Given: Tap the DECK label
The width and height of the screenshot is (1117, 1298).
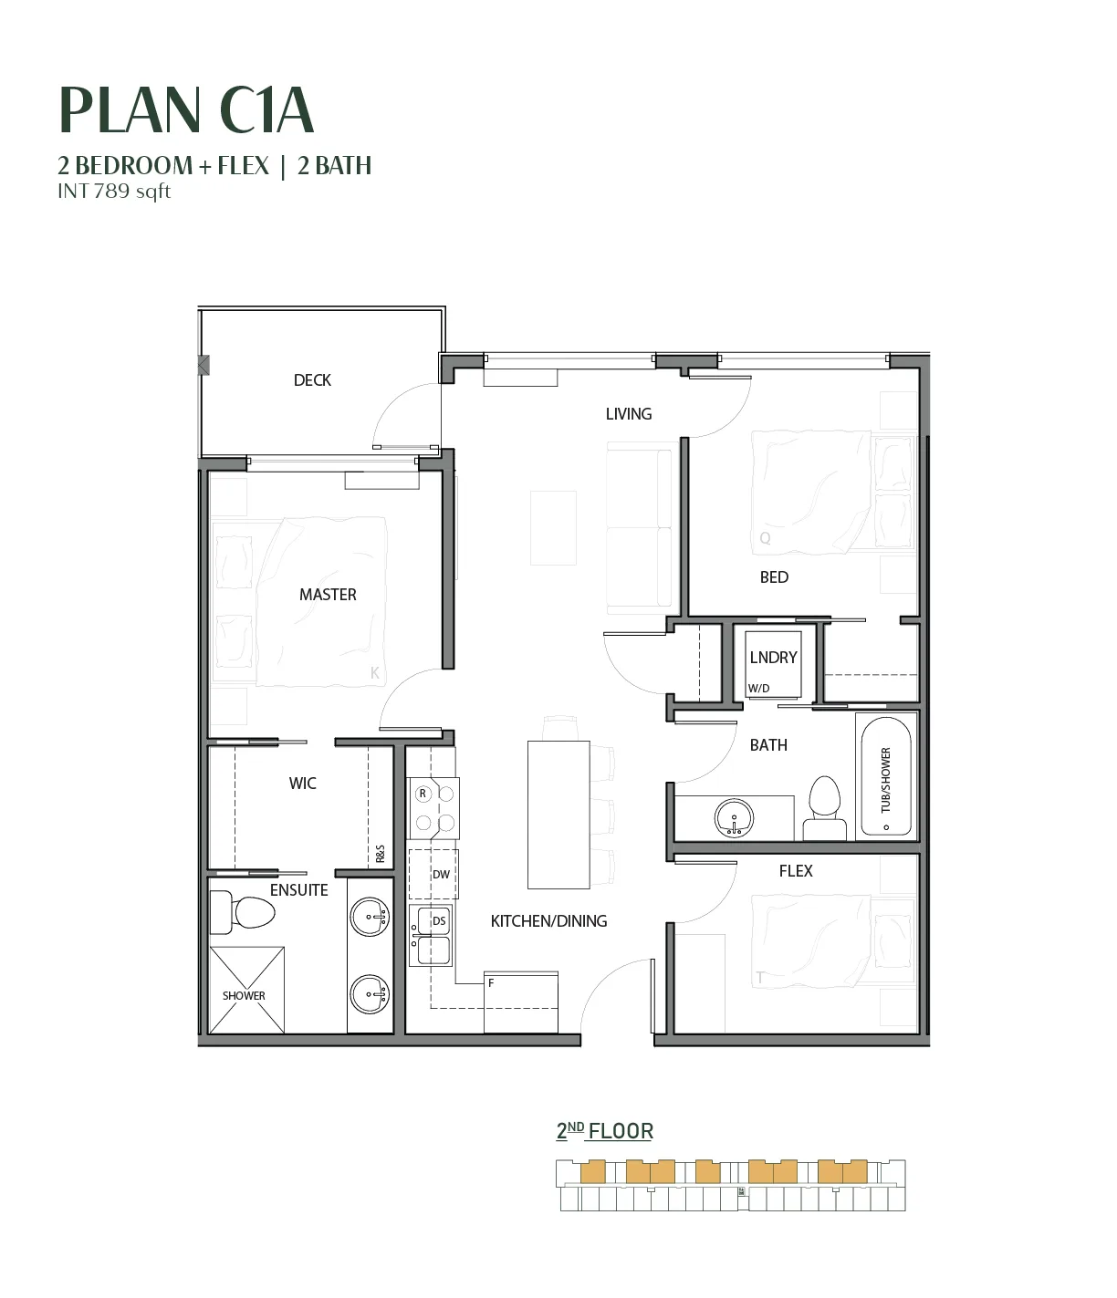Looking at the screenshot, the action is pos(312,380).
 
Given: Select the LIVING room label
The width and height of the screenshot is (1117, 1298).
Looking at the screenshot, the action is pos(628,414).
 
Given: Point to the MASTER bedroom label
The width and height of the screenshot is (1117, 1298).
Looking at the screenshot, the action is pos(328,594).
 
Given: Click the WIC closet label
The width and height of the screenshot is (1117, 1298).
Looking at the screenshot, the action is pos(302,783).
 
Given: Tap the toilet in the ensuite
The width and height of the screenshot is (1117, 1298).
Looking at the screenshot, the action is pos(242,912).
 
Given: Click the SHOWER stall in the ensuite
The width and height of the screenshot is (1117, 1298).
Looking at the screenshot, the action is pos(246,990).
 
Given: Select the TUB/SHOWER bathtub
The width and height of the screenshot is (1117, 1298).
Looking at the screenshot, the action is pos(886,776).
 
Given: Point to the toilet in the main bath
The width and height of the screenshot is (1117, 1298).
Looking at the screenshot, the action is pos(824,808).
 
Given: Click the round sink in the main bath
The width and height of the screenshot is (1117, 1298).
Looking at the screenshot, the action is pos(734,817).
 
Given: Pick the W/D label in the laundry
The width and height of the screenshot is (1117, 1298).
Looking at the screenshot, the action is pos(758,689).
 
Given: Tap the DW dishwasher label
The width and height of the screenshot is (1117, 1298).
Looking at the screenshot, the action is pos(441,874).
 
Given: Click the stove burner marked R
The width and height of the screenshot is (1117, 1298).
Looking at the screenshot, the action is pos(423,794).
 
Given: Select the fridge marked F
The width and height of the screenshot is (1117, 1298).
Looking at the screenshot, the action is pos(521,1002).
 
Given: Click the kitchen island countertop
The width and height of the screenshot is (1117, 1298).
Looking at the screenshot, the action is pos(558,815).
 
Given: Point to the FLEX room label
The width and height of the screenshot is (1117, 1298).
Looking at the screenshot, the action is pos(796,870).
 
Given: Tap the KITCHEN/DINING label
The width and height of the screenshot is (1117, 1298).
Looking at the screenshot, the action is pos(548,920).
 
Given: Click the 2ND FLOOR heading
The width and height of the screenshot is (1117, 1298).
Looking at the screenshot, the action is pos(604,1132).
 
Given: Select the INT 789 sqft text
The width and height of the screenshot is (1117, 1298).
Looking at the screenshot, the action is pos(114,191).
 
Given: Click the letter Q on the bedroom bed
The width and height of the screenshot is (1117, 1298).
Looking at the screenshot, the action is pos(765,537).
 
